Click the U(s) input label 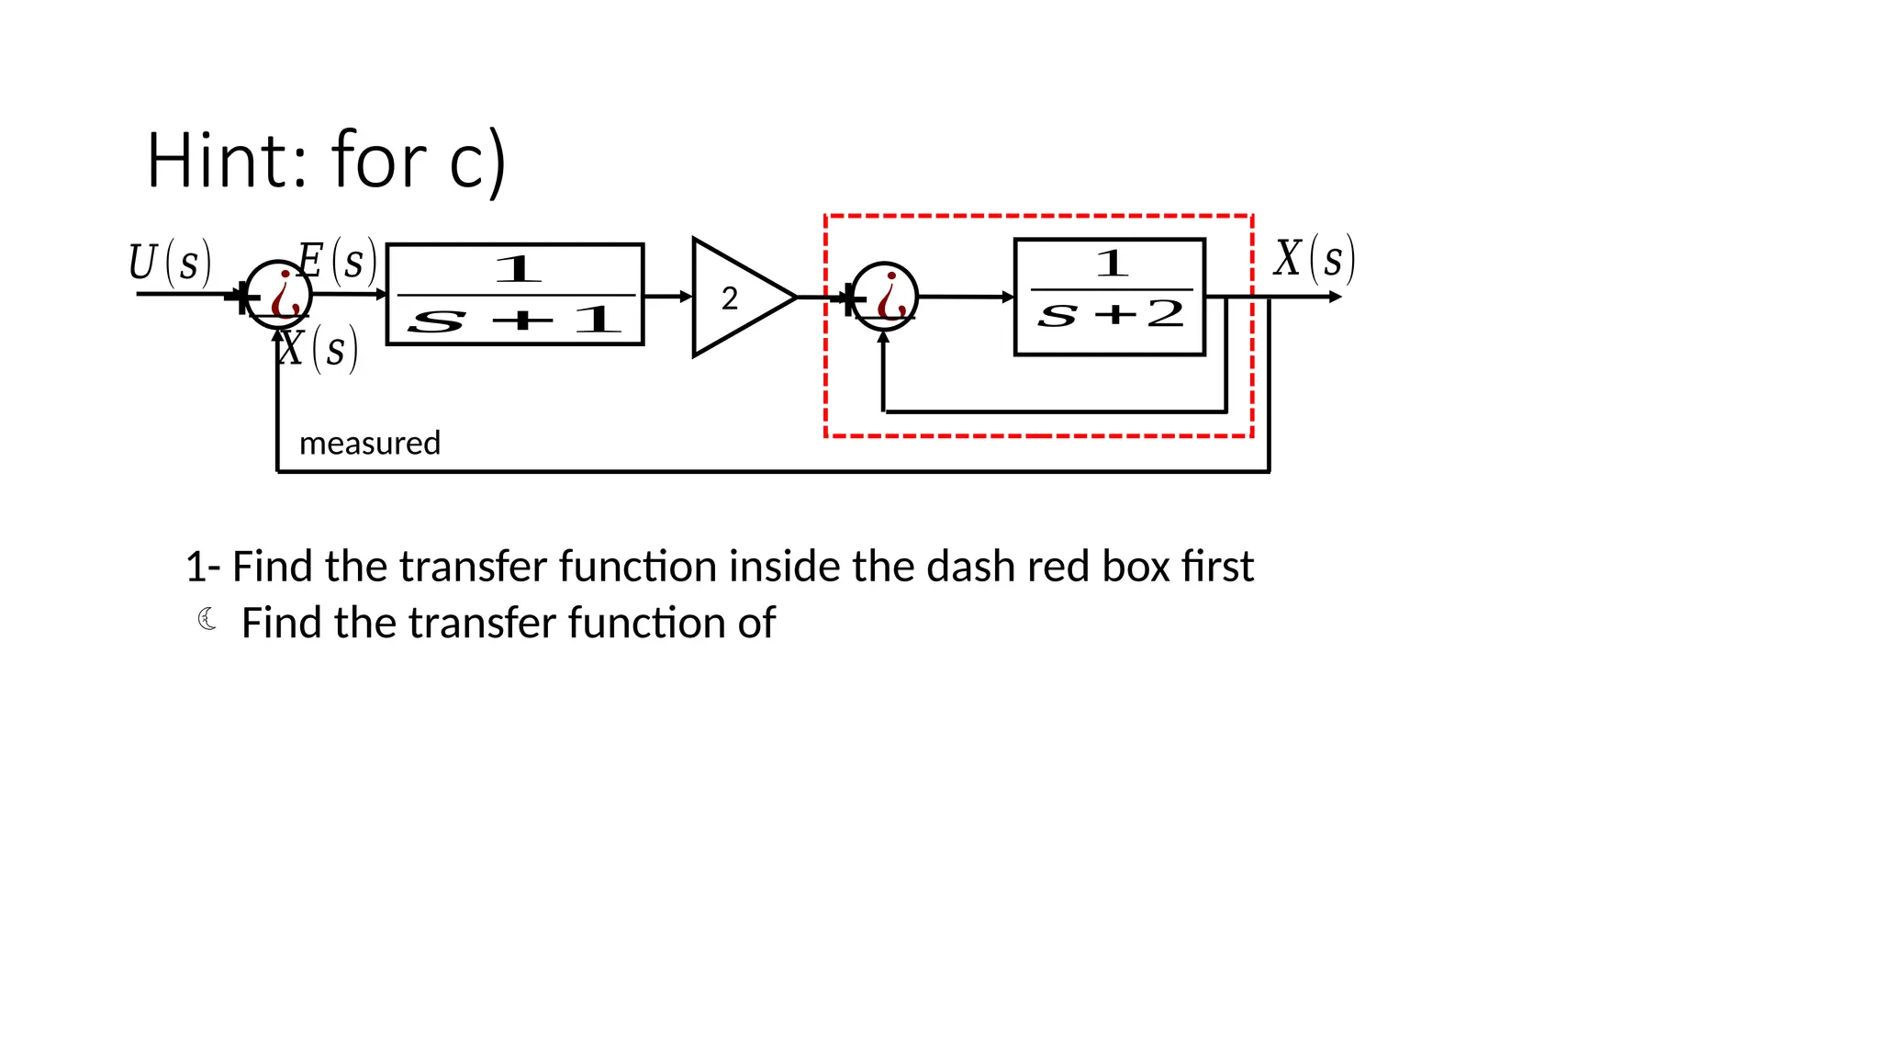point(170,263)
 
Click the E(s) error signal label point(338,261)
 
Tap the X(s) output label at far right point(1314,258)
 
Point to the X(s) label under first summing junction point(318,350)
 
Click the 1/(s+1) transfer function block point(515,294)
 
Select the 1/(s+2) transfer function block point(1109,297)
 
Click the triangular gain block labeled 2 point(734,298)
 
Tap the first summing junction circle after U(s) point(280,294)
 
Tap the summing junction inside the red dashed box point(884,297)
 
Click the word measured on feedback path point(370,444)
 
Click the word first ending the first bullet point(1217,567)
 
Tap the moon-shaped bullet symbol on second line point(207,620)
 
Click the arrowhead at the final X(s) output point(1336,297)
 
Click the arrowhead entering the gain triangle point(686,297)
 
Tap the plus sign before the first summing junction point(240,297)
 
